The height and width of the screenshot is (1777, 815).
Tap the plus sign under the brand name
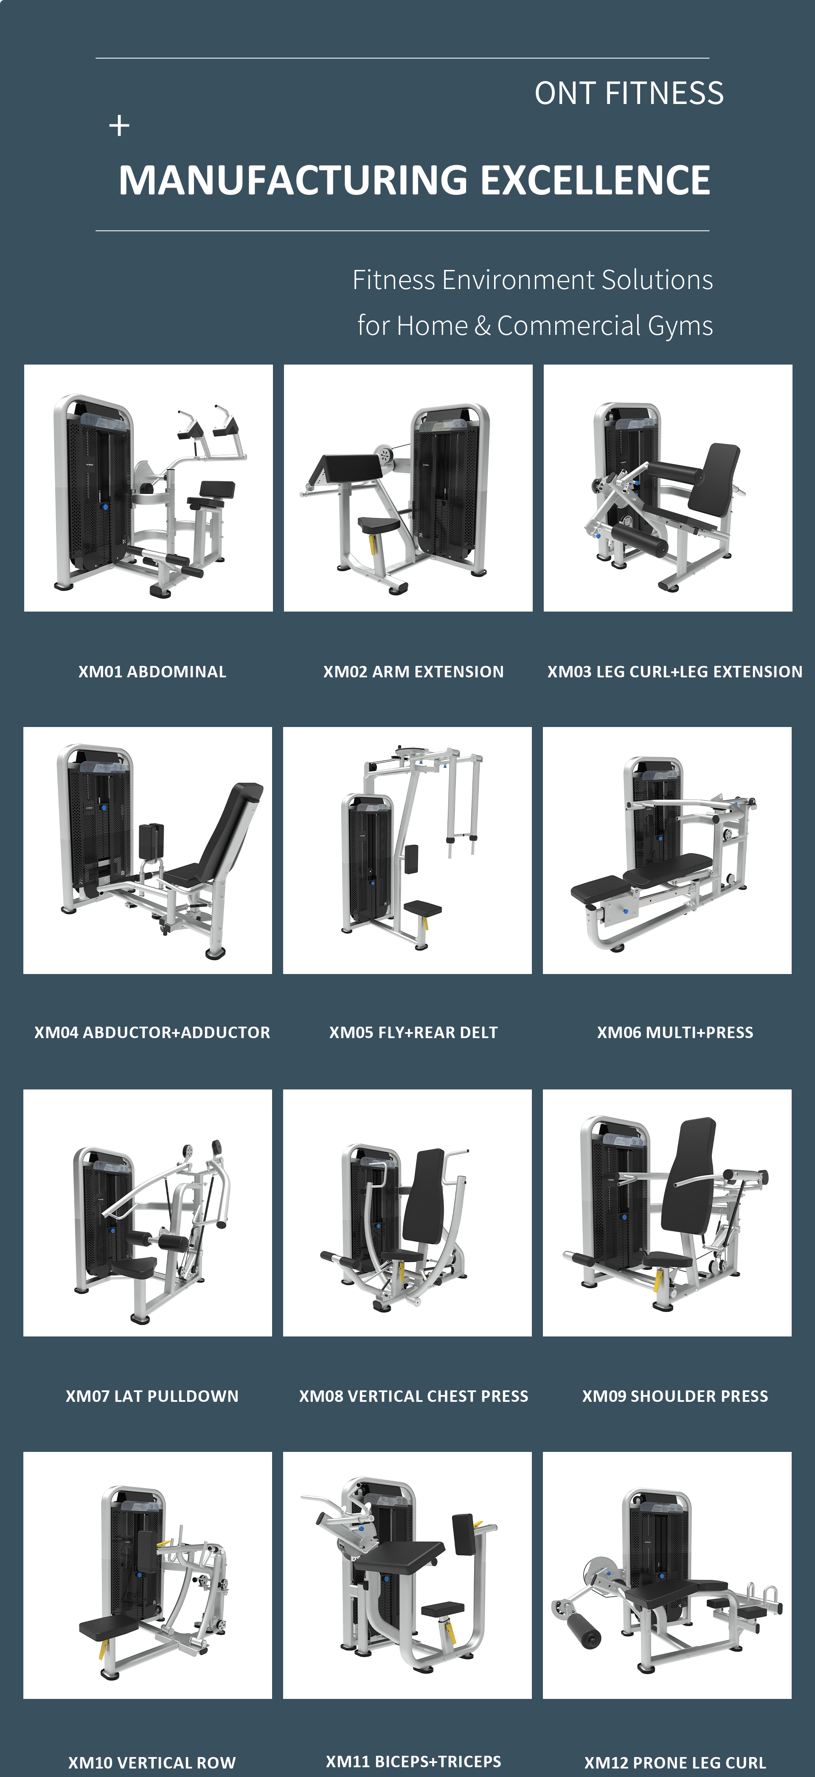[x=119, y=126]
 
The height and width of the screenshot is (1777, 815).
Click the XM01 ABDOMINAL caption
[x=152, y=671]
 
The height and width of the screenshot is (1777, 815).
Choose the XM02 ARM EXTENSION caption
[x=413, y=671]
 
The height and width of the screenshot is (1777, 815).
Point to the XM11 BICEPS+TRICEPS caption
[x=413, y=1761]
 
